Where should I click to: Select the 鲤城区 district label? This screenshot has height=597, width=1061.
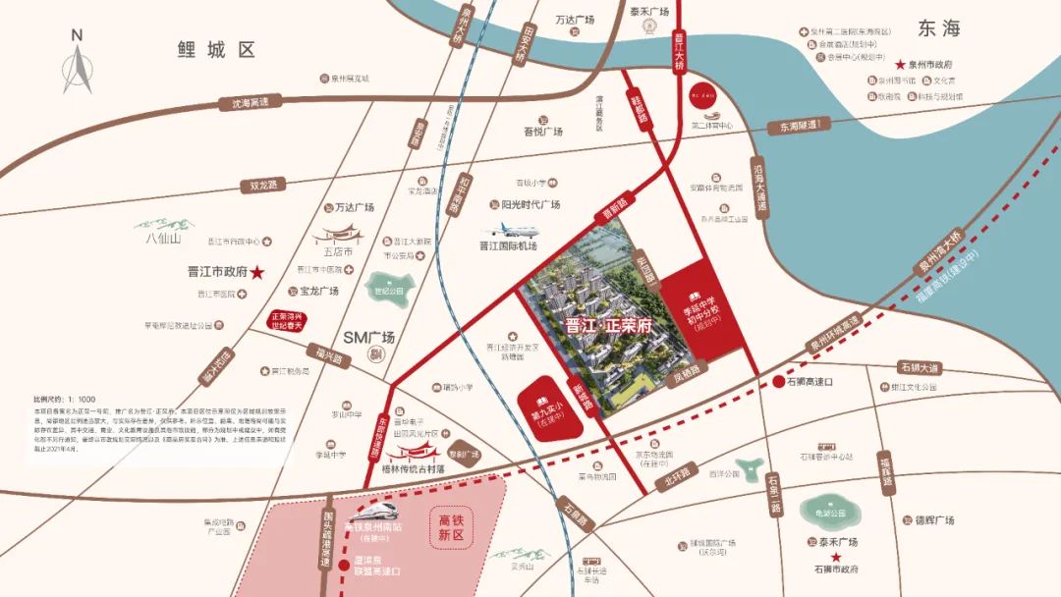[215, 48]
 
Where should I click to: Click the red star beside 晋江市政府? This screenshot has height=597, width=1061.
[258, 272]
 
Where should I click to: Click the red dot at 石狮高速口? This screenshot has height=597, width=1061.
[778, 382]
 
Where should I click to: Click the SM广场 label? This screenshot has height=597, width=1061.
[368, 337]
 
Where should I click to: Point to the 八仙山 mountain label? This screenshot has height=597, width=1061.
[164, 238]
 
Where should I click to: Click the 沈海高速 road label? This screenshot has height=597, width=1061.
[250, 101]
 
